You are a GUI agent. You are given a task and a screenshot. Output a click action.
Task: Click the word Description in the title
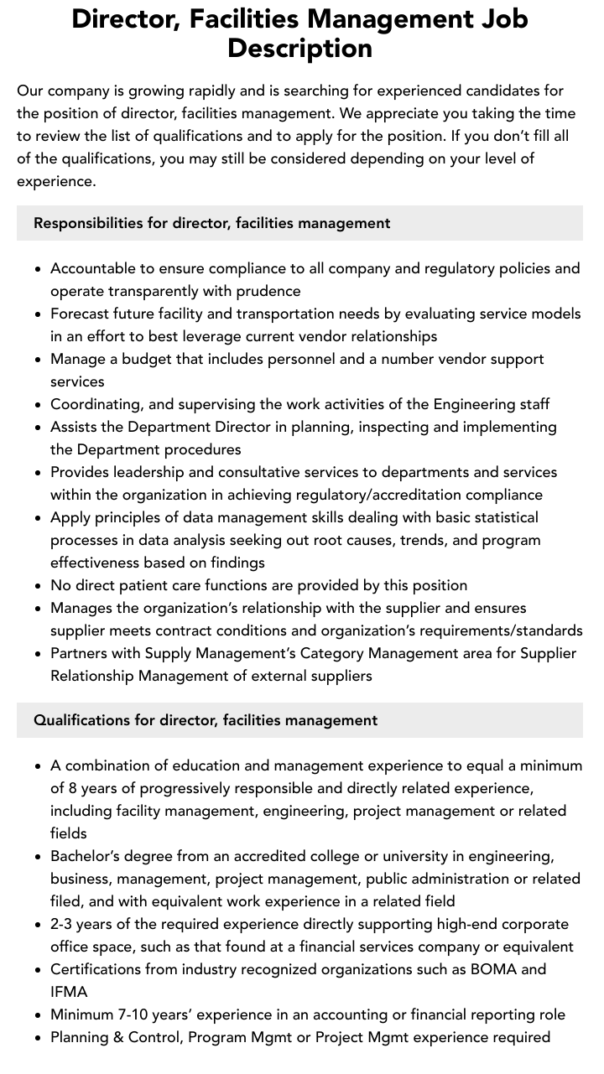click(299, 48)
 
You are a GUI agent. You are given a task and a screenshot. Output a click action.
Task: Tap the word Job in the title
click(497, 18)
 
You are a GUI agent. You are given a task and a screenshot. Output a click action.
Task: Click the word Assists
click(76, 427)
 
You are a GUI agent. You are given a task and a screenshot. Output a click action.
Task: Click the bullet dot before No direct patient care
click(39, 586)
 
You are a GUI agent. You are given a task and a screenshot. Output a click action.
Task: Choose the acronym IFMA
click(69, 992)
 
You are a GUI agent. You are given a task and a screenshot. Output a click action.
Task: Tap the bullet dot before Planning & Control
click(39, 1038)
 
